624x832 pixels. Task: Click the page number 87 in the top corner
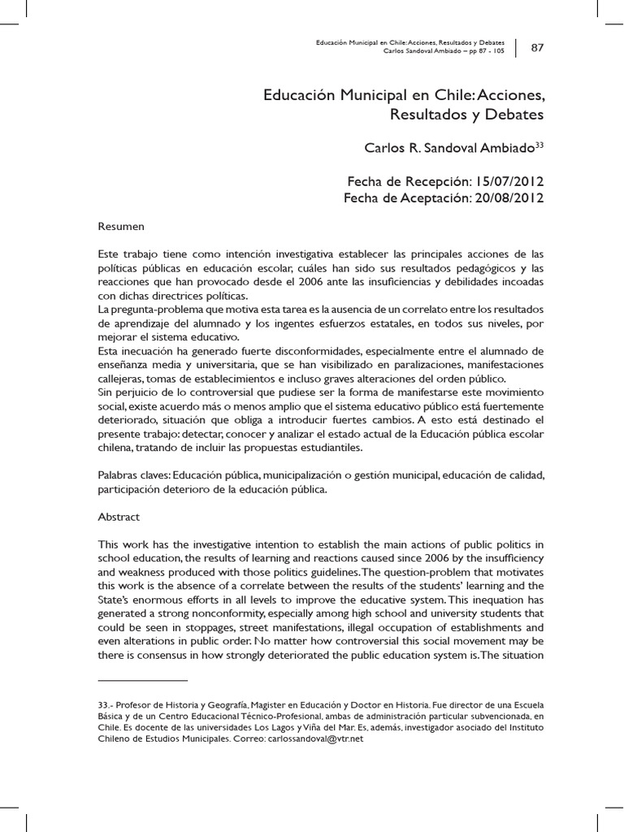click(537, 47)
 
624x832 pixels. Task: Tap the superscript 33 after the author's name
click(537, 145)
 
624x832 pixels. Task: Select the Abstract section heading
click(119, 517)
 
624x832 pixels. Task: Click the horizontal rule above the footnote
click(142, 679)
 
